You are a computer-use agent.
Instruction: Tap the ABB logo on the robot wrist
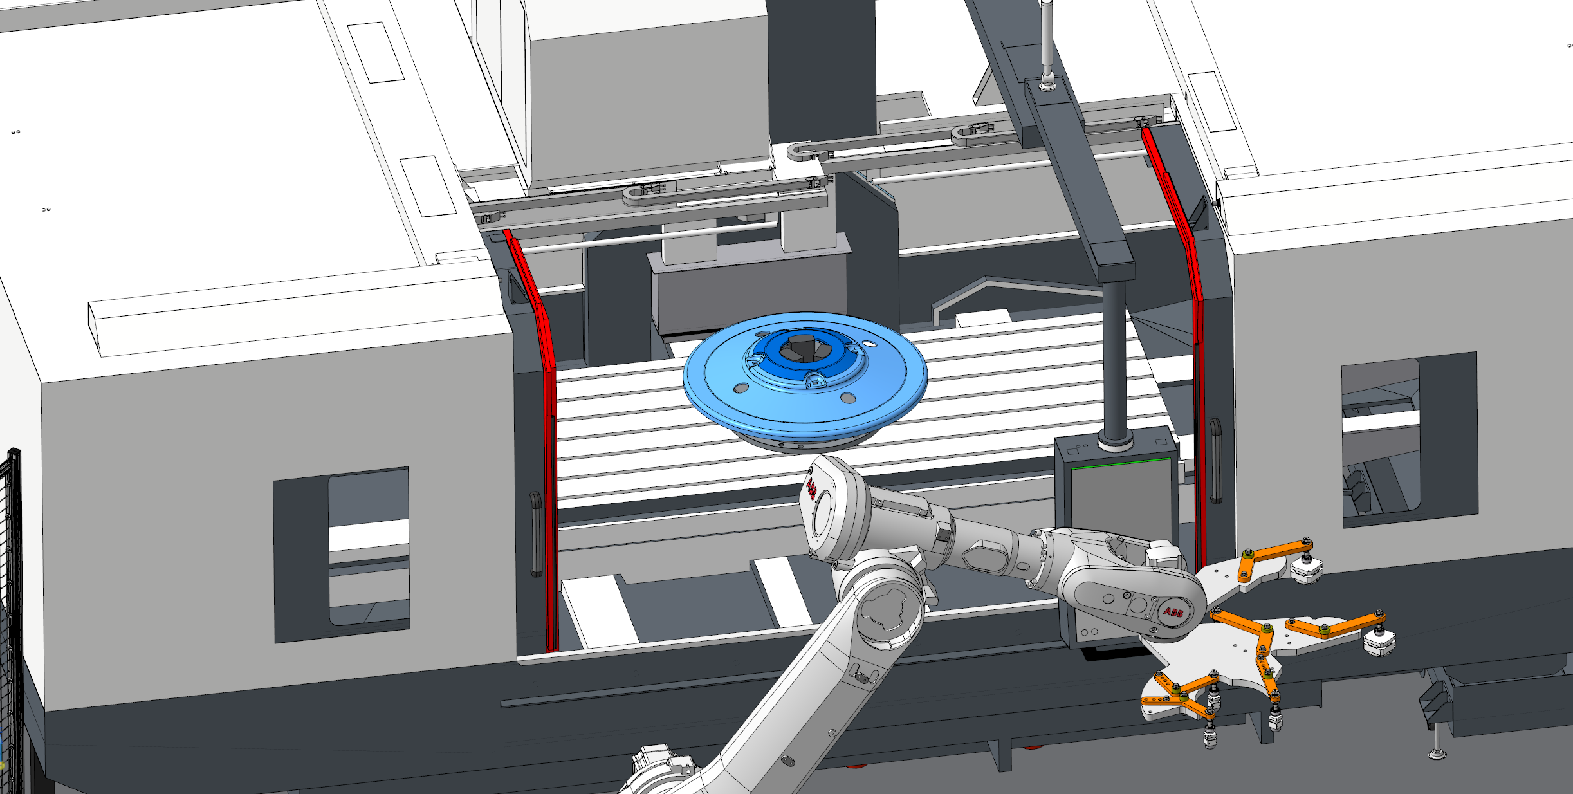pos(1173,612)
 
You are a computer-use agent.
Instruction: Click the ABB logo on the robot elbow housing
pos(811,489)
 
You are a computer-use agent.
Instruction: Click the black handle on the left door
pos(535,534)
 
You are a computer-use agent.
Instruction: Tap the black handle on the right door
pos(1215,461)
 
